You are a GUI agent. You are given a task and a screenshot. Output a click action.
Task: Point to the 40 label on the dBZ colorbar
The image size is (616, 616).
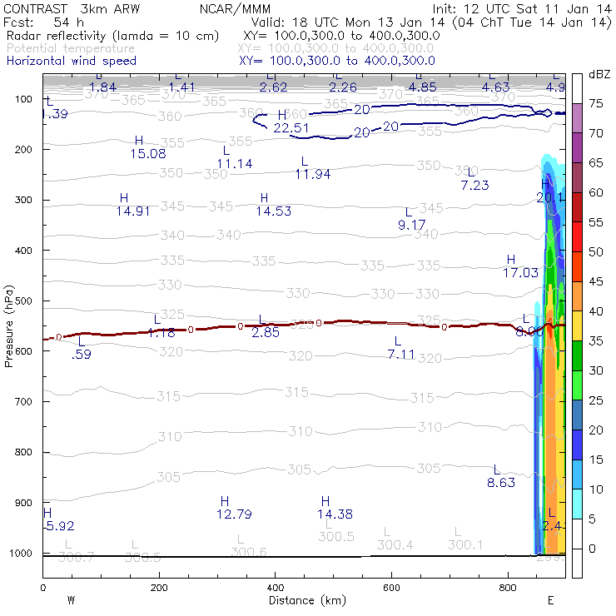tap(596, 311)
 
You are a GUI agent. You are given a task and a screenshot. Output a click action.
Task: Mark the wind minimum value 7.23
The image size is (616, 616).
tap(474, 185)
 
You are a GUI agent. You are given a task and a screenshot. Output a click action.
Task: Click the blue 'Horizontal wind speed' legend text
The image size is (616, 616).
tap(72, 61)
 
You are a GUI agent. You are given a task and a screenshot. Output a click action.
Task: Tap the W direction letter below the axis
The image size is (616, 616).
tap(72, 599)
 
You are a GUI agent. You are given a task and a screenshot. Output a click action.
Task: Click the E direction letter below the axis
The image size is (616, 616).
tap(550, 599)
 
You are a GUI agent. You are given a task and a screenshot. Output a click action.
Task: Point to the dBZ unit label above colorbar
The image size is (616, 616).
tap(599, 74)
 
